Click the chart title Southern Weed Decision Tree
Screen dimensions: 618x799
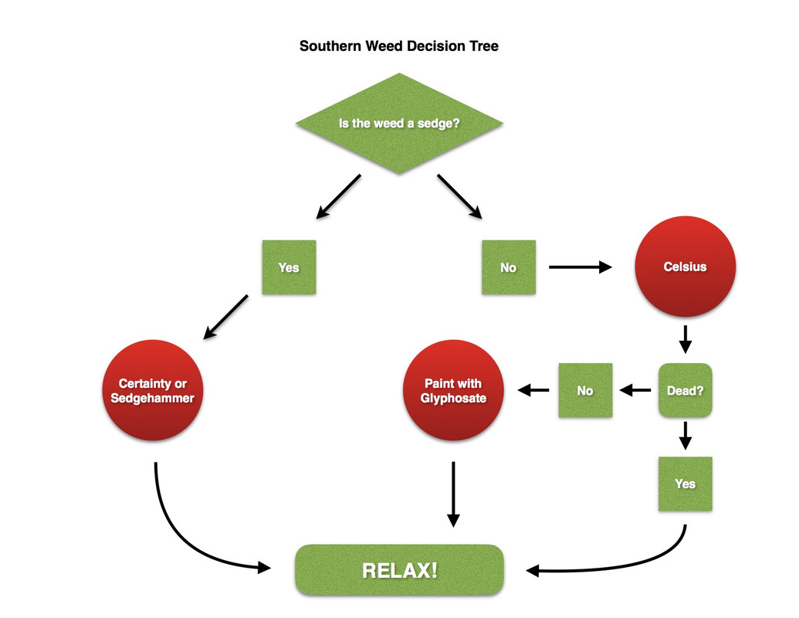pyautogui.click(x=398, y=46)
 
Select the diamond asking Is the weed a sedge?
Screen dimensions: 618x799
pyautogui.click(x=399, y=124)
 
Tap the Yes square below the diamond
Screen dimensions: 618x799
pyautogui.click(x=289, y=267)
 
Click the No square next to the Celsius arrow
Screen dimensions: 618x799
pyautogui.click(x=508, y=267)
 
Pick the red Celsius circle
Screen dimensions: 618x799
pyautogui.click(x=685, y=267)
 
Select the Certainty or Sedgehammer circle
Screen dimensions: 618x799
pyautogui.click(x=152, y=390)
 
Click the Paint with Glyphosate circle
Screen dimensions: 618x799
pyautogui.click(x=453, y=390)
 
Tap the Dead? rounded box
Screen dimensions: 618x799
pyautogui.click(x=685, y=390)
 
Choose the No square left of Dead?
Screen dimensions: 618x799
pyautogui.click(x=585, y=390)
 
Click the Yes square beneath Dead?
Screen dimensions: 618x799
pyautogui.click(x=685, y=484)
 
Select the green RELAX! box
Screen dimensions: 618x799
pyautogui.click(x=399, y=571)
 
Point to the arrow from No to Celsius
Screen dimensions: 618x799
pyautogui.click(x=579, y=267)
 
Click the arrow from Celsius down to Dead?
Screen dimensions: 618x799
pyautogui.click(x=685, y=338)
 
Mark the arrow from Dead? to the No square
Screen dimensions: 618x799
pyautogui.click(x=635, y=390)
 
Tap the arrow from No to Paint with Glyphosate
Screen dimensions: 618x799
pyautogui.click(x=533, y=390)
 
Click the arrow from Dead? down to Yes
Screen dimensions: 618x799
pyautogui.click(x=685, y=434)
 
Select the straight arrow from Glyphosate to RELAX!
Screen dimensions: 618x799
pyautogui.click(x=453, y=494)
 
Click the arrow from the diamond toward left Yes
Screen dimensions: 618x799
pyautogui.click(x=338, y=196)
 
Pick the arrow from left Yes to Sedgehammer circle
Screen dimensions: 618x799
pyautogui.click(x=225, y=317)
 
